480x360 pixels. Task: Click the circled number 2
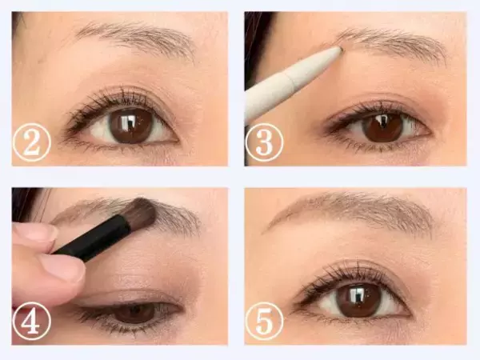click(x=31, y=143)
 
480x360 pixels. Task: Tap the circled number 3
click(x=264, y=143)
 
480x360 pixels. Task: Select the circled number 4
click(x=31, y=320)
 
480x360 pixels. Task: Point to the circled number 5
click(x=264, y=320)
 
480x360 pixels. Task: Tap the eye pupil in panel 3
click(x=382, y=125)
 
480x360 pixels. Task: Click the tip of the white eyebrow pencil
click(x=342, y=48)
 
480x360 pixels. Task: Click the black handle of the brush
click(x=92, y=238)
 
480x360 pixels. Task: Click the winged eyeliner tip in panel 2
click(x=68, y=130)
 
